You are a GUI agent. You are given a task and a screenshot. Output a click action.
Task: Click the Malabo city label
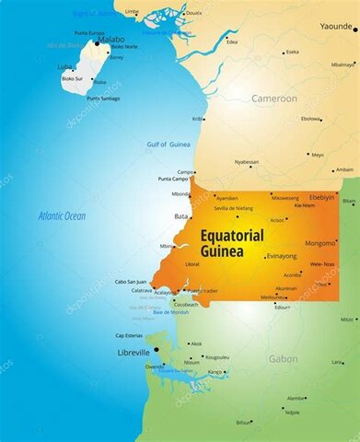110,39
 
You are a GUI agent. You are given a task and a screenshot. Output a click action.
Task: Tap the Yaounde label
335,28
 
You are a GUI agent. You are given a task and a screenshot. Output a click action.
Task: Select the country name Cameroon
275,98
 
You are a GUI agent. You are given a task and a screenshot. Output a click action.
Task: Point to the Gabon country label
283,358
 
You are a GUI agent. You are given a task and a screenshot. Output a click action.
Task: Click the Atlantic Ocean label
61,215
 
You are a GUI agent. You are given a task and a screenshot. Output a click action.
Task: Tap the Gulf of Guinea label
168,145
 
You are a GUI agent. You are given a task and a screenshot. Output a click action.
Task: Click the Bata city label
180,216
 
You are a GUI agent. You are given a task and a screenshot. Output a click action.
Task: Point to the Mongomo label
320,243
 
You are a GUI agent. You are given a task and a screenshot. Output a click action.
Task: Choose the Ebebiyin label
321,197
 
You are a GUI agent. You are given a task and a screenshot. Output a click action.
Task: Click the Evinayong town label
282,256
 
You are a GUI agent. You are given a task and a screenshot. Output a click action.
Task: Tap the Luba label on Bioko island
64,67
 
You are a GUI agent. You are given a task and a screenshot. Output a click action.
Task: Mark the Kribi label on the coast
197,119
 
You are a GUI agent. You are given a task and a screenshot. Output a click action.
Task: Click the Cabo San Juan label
130,282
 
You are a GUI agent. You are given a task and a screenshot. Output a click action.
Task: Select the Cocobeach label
186,304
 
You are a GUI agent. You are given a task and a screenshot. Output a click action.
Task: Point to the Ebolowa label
310,119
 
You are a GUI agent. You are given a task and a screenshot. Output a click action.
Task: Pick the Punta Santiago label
103,98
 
